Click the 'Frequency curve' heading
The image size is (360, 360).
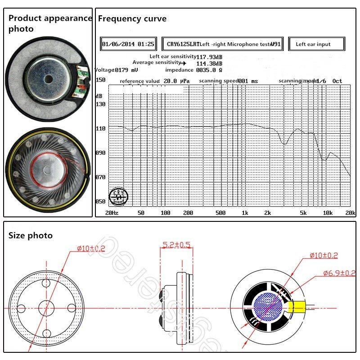pyautogui.click(x=132, y=19)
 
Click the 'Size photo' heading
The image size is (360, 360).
pyautogui.click(x=31, y=235)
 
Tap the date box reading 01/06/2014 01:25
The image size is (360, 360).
pyautogui.click(x=128, y=45)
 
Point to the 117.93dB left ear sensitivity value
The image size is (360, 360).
pyautogui.click(x=210, y=57)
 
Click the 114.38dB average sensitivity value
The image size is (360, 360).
pyautogui.click(x=210, y=63)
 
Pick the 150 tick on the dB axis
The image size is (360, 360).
pyautogui.click(x=100, y=80)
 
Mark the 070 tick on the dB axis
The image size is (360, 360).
pyautogui.click(x=100, y=177)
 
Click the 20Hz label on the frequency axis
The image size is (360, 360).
pyautogui.click(x=112, y=212)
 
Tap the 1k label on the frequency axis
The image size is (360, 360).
pyautogui.click(x=245, y=212)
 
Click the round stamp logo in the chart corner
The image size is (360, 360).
pyautogui.click(x=120, y=196)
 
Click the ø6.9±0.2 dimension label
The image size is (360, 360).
pyautogui.click(x=339, y=273)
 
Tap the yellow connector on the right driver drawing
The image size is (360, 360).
pyautogui.click(x=297, y=308)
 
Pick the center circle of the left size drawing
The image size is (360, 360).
pyautogui.click(x=47, y=308)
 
